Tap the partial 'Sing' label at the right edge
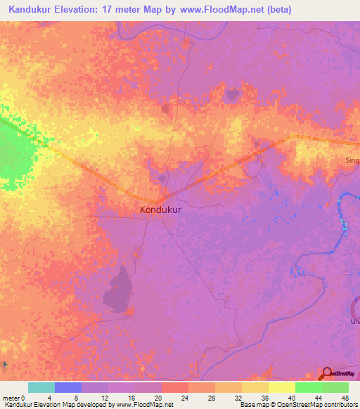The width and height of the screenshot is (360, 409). (x=352, y=160)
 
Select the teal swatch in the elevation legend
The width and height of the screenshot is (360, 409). (x=41, y=387)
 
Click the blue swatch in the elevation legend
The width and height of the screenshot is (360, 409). (x=68, y=387)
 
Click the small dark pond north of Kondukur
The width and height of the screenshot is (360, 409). (x=167, y=108)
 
